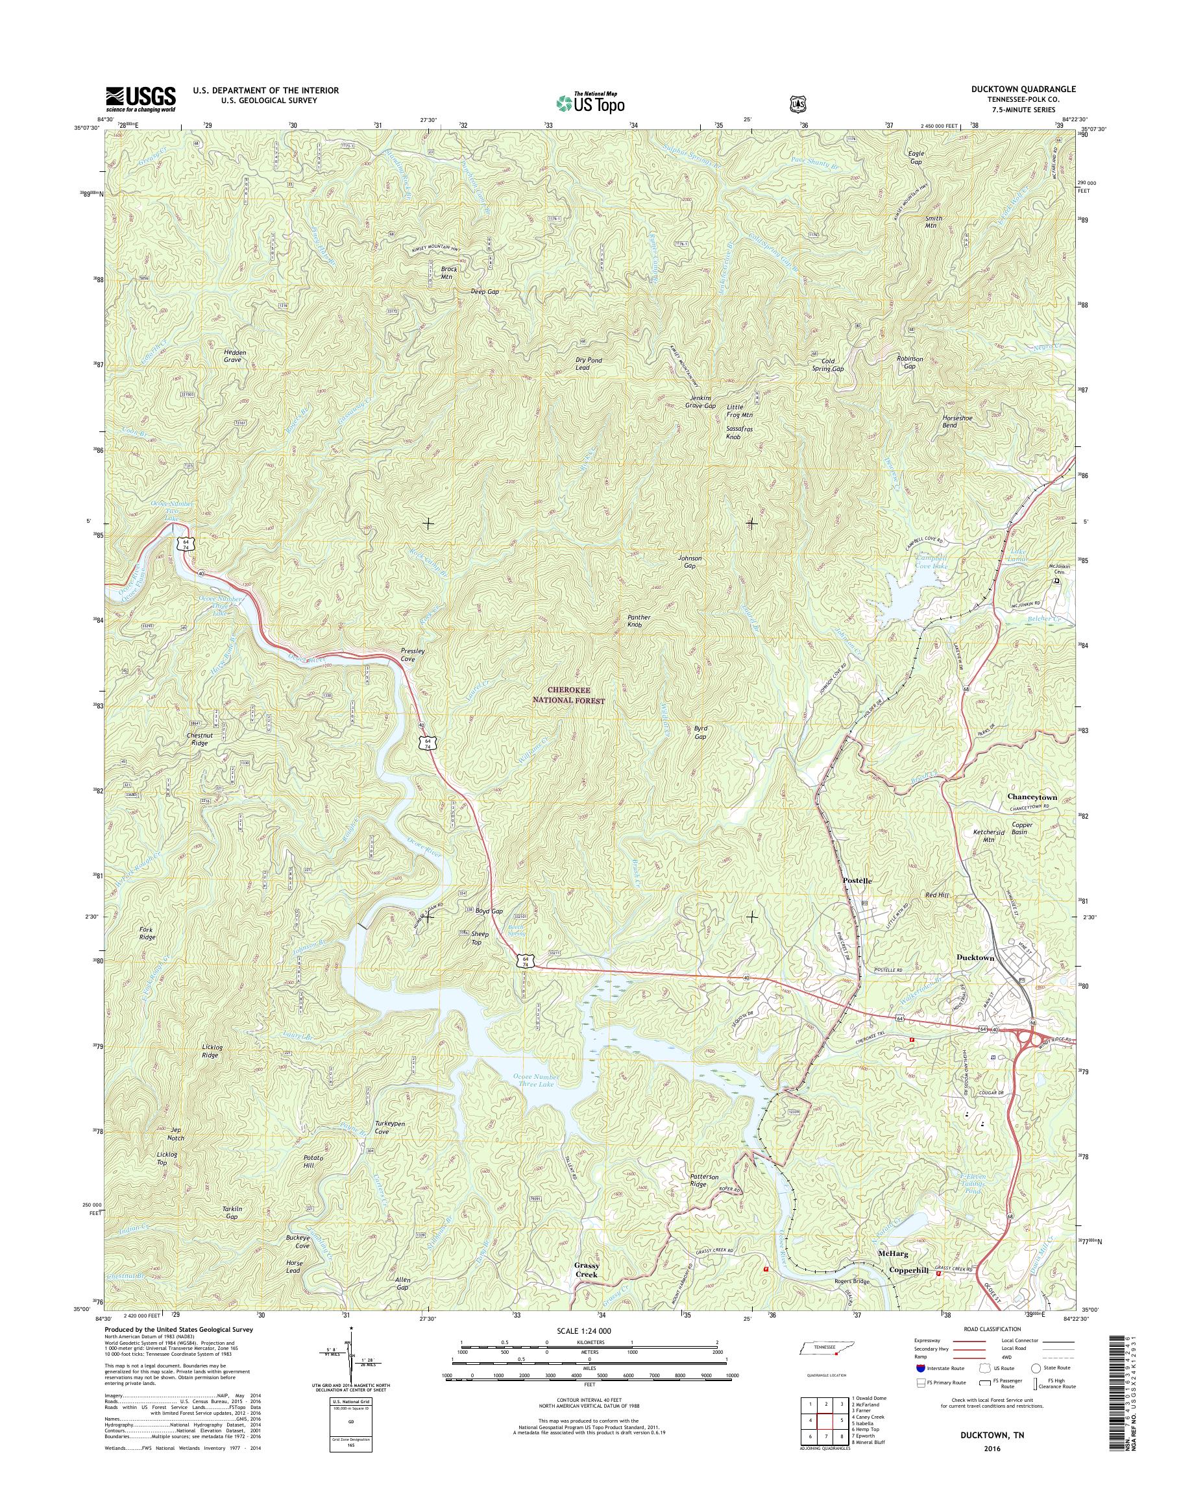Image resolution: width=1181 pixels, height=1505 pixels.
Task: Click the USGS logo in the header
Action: [140, 99]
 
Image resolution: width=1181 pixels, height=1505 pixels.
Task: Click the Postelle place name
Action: [857, 880]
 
